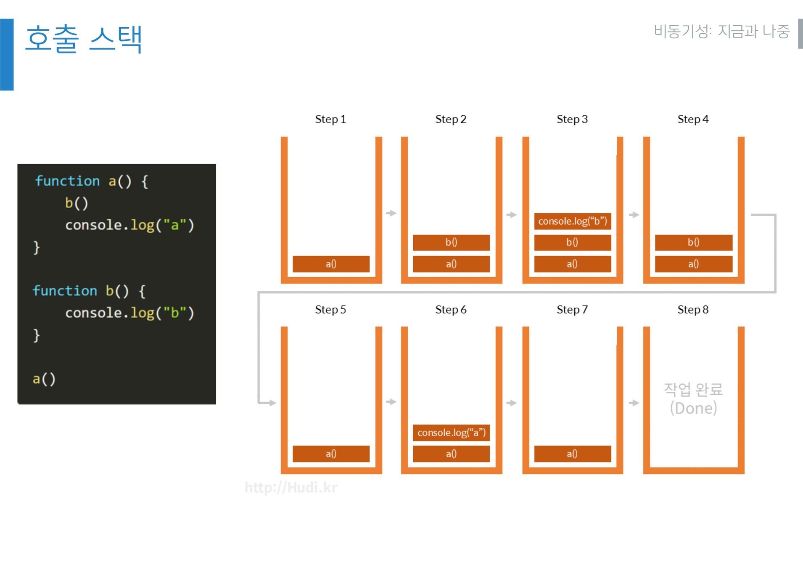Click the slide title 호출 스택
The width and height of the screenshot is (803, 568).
click(x=84, y=39)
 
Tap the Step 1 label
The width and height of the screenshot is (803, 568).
click(x=330, y=119)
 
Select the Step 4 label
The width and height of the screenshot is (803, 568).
click(x=693, y=119)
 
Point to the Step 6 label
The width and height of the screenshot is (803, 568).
click(x=451, y=310)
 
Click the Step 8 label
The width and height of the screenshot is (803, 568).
click(x=693, y=310)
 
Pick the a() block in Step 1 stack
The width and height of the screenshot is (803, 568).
click(x=331, y=264)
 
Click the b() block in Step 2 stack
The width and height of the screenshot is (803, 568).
click(x=451, y=242)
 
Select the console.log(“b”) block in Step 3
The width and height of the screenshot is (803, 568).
click(x=573, y=221)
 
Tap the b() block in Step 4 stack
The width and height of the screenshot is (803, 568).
click(x=693, y=242)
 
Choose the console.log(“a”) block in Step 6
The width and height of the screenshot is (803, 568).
click(x=451, y=433)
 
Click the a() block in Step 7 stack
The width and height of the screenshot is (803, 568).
click(x=572, y=454)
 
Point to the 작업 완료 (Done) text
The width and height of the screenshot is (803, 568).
click(x=693, y=398)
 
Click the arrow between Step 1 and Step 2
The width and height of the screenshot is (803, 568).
click(x=391, y=213)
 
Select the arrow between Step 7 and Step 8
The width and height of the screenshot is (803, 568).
click(x=634, y=403)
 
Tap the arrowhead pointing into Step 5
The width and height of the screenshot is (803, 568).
click(x=272, y=403)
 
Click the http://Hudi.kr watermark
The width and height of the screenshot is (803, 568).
click(x=291, y=488)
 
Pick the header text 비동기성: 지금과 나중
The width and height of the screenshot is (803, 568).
click(x=722, y=32)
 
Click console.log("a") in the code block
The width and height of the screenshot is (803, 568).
click(x=129, y=225)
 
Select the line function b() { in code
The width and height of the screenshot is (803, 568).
click(x=89, y=291)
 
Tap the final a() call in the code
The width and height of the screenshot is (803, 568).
click(x=44, y=379)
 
